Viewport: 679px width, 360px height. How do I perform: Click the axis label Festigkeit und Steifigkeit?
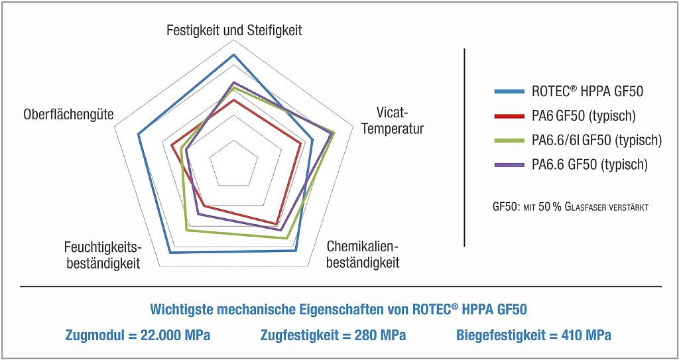click(233, 30)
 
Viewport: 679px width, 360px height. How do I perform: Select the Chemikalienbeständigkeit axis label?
click(363, 255)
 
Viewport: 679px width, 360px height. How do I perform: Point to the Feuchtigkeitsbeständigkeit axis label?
click(102, 255)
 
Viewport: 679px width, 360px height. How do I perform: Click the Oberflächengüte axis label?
click(68, 115)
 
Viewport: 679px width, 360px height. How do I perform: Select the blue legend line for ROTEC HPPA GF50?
click(509, 91)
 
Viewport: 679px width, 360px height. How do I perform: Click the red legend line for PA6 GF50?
click(509, 116)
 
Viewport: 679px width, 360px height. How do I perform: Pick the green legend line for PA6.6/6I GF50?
click(509, 141)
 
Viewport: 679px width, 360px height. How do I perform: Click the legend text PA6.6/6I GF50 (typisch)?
click(596, 141)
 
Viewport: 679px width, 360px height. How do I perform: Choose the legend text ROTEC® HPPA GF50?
click(587, 91)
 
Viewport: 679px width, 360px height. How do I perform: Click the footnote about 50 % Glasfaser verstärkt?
click(570, 207)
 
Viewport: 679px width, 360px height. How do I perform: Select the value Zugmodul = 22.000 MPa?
click(138, 335)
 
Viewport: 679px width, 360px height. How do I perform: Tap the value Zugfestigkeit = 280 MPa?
click(333, 335)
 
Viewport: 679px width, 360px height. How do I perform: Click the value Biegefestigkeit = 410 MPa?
click(534, 335)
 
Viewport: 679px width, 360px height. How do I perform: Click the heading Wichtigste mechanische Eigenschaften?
click(339, 310)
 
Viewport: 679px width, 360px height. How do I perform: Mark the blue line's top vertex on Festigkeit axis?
click(233, 55)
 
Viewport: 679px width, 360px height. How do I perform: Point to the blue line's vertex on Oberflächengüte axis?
click(139, 135)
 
